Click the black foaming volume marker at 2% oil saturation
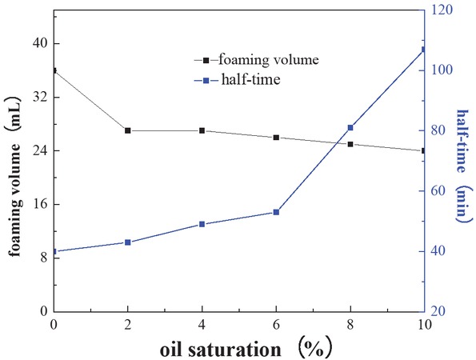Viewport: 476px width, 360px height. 128,130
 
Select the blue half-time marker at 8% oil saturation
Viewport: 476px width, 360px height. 350,128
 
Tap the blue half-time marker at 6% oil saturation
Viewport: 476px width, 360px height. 276,212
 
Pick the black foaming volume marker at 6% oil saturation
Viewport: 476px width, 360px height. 276,138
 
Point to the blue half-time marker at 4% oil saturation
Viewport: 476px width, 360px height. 202,224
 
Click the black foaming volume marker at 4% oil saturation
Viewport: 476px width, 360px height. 202,130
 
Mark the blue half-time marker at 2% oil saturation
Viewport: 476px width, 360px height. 128,242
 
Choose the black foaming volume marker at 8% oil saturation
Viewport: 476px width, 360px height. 350,144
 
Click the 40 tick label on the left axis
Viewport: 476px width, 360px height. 38,43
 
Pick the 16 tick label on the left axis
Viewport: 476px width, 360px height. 38,204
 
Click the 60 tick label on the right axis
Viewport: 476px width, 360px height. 440,191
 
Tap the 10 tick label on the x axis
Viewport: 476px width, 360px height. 423,324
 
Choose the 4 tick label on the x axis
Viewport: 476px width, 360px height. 202,324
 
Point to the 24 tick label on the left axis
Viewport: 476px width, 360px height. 38,150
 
